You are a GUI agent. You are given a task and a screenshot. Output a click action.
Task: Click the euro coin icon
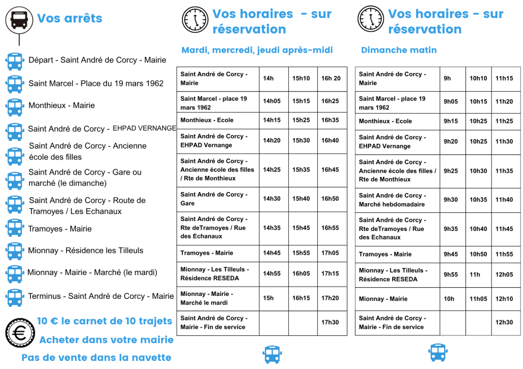[20, 333]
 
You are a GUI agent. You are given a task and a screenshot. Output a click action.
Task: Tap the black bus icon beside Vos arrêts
[19, 19]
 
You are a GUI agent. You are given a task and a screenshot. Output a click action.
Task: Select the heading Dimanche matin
[399, 50]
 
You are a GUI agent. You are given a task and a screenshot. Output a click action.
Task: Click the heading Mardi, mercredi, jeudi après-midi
[257, 50]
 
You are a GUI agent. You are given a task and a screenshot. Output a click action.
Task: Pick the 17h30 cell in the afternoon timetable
[330, 323]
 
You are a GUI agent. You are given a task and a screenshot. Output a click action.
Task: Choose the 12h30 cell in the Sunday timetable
[504, 323]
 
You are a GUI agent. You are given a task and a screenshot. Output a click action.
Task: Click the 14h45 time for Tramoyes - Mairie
[271, 253]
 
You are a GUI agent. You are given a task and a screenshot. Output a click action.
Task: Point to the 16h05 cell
[301, 273]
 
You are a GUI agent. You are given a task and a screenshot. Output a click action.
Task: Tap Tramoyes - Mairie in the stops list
[60, 229]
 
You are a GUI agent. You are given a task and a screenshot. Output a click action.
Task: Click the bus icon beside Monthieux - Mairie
[15, 107]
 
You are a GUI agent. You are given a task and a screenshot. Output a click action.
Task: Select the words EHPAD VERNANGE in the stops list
[144, 128]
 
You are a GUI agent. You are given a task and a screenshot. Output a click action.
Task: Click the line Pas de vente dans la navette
[96, 357]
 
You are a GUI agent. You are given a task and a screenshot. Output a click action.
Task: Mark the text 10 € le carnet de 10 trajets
[105, 321]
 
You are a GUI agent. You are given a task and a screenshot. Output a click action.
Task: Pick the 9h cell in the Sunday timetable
[447, 78]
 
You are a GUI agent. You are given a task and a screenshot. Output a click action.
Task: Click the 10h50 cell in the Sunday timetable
[478, 254]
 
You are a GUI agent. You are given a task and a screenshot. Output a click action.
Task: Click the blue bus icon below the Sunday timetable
[438, 352]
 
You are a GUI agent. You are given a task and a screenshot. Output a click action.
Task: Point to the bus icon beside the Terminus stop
[15, 297]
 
